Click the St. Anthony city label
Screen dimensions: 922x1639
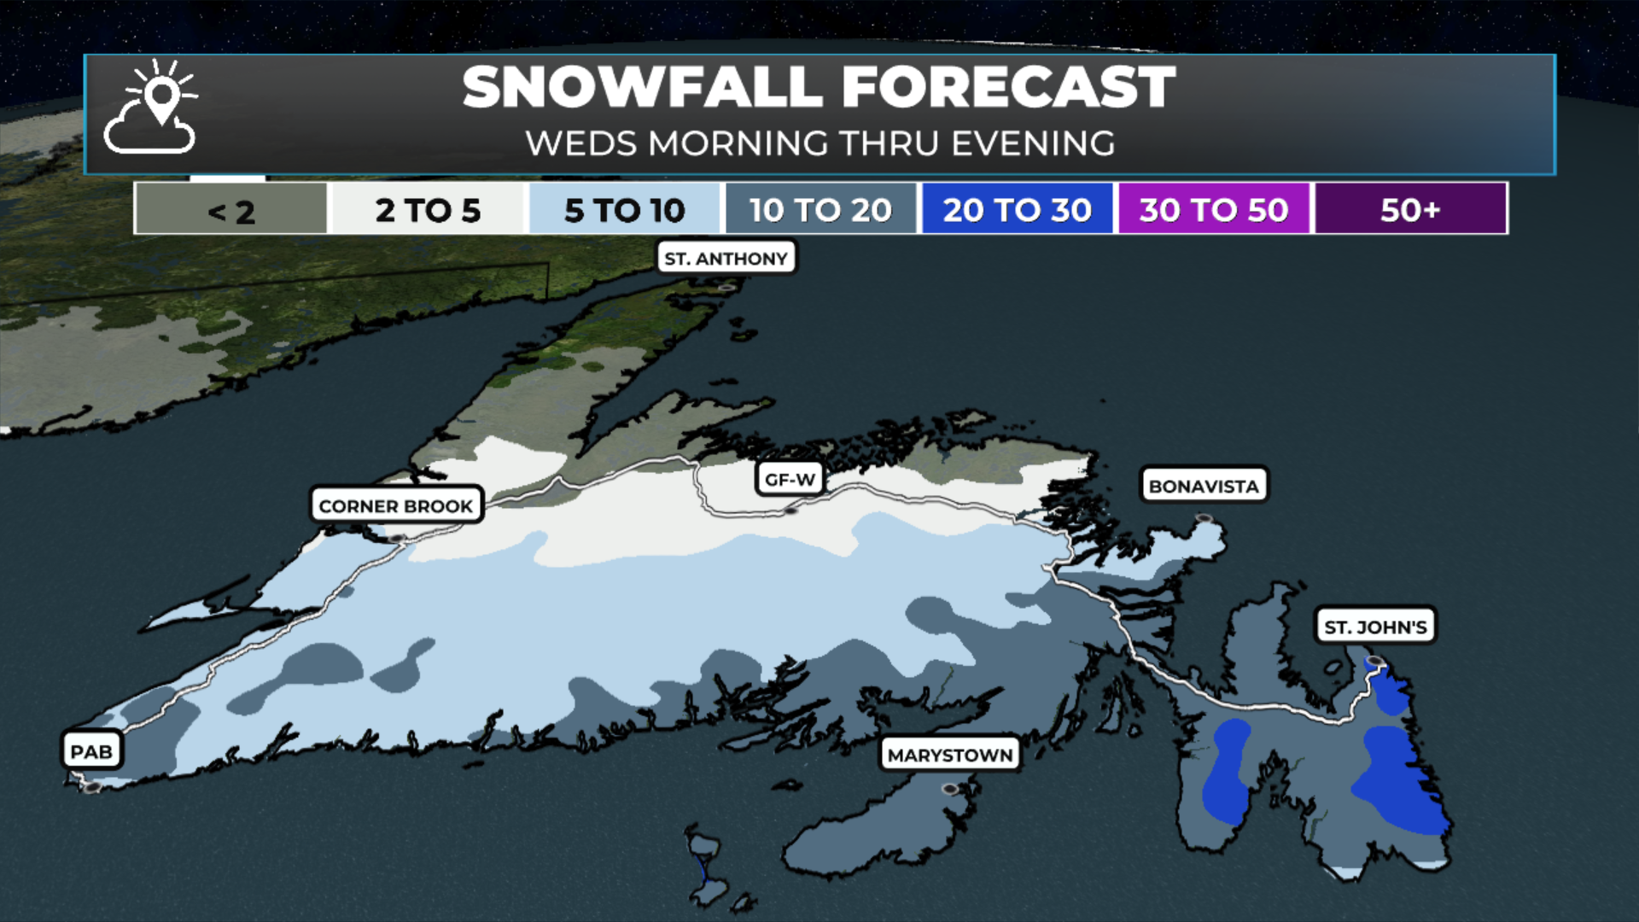[x=726, y=258]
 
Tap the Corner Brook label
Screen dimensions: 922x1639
[x=396, y=505]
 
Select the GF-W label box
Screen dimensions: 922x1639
[x=790, y=479]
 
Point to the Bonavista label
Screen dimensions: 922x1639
[x=1204, y=486]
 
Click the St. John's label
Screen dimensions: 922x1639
[x=1375, y=627]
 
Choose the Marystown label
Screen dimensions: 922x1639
[x=950, y=755]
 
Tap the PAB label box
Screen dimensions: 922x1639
[x=91, y=751]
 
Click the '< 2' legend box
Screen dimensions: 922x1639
[x=230, y=209]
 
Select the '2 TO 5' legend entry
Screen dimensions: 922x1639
[x=428, y=209]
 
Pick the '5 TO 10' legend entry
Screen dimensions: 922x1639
[x=624, y=209]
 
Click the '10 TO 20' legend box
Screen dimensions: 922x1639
[x=820, y=209]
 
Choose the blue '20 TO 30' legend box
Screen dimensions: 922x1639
[x=1017, y=209]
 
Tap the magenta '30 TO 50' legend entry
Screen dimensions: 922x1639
[x=1213, y=209]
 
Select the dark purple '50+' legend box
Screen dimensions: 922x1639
[x=1410, y=209]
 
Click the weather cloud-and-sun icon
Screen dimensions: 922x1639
[x=151, y=108]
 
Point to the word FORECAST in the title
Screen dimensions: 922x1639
[x=1008, y=87]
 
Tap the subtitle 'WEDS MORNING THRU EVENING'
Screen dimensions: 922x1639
[x=819, y=143]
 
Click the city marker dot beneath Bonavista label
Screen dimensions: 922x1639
[x=1204, y=518]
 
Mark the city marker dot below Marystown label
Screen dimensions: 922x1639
[x=950, y=789]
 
